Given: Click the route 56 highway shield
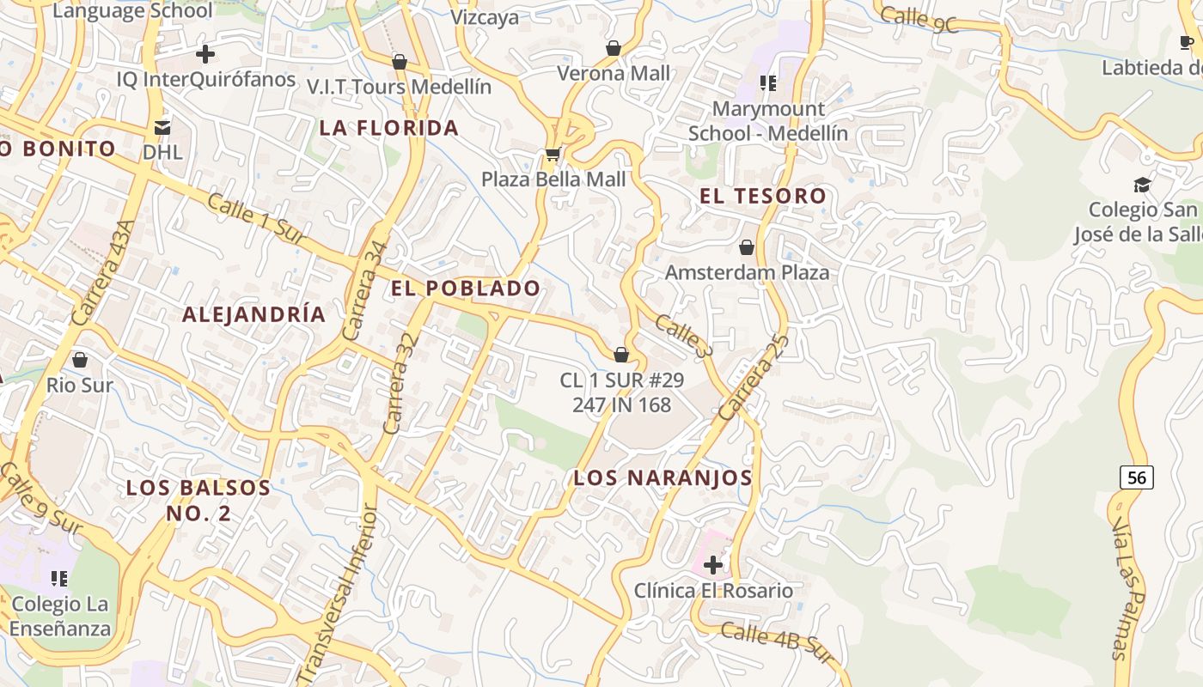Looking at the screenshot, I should pyautogui.click(x=1136, y=477).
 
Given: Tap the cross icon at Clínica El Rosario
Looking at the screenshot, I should pyautogui.click(x=712, y=564).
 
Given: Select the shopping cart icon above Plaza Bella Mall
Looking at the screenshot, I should pyautogui.click(x=553, y=155).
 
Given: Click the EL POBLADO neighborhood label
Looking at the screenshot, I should pyautogui.click(x=466, y=289).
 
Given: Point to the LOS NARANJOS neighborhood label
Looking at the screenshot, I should pyautogui.click(x=663, y=478).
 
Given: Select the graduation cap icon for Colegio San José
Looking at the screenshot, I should pyautogui.click(x=1142, y=185).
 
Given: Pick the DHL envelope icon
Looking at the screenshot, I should pyautogui.click(x=162, y=128).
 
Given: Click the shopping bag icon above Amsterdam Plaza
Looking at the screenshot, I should pyautogui.click(x=747, y=247).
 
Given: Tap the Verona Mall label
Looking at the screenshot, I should pyautogui.click(x=614, y=74).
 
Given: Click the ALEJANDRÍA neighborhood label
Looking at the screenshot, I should pyautogui.click(x=253, y=314).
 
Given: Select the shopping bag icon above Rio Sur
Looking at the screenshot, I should pyautogui.click(x=80, y=359).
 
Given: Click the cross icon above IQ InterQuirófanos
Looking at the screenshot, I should pyautogui.click(x=205, y=54).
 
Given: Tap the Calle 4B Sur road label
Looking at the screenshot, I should pyautogui.click(x=778, y=642).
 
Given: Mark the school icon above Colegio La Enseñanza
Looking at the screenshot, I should pyautogui.click(x=59, y=578).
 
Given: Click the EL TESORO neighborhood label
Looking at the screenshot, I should pyautogui.click(x=763, y=196).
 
